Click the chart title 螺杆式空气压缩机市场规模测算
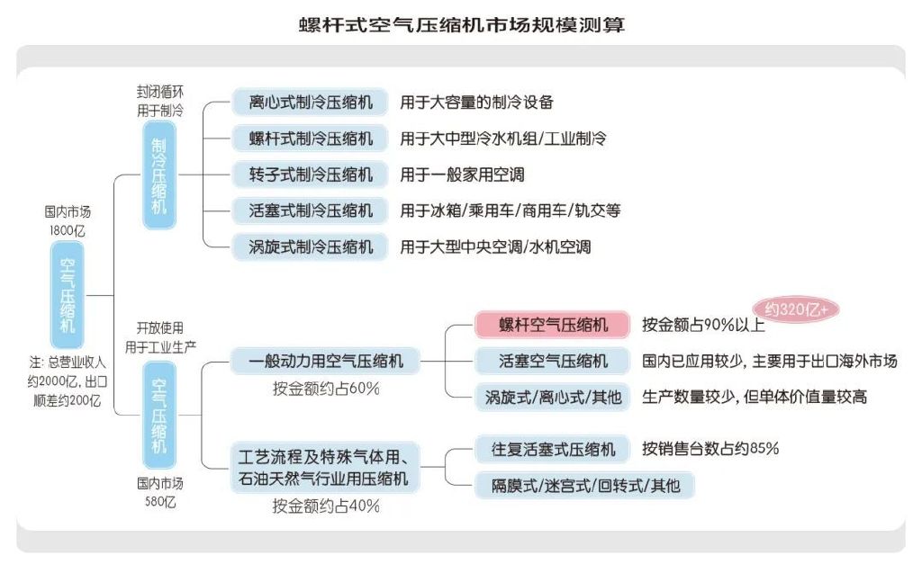pos(461,24)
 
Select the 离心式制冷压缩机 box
pos(310,102)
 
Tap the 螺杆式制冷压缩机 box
pos(310,139)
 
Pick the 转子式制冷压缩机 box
pos(310,175)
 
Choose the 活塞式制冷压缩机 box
pos(310,210)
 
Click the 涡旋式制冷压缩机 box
pos(310,246)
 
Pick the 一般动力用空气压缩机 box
pos(325,362)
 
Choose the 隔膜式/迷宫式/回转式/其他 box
pos(585,486)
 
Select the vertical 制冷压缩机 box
pos(158,175)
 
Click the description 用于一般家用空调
pos(462,175)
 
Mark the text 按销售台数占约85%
pos(710,448)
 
